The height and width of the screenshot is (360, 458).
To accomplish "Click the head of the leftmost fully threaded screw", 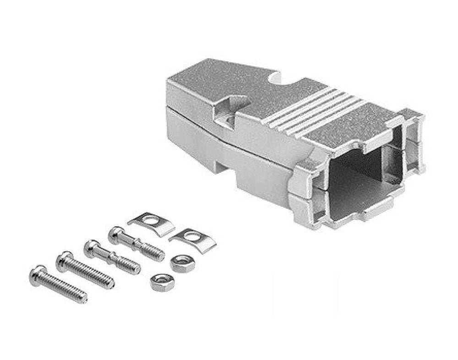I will click(x=36, y=273).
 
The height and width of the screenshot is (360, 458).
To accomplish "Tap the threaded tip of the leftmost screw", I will click(x=83, y=299).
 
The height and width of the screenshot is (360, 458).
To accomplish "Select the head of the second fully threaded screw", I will click(x=64, y=259).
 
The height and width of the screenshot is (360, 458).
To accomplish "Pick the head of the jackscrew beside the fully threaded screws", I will click(x=91, y=247).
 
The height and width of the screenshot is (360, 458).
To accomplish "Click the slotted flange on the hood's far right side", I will click(x=414, y=142).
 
